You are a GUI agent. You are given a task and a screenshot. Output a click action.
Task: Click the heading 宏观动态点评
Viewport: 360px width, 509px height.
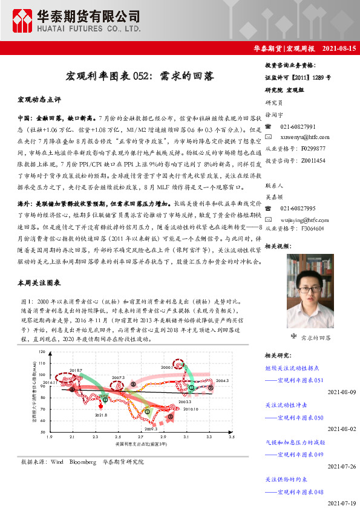(x=39, y=98)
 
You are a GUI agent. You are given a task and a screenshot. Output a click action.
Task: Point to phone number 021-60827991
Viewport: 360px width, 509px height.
(x=298, y=127)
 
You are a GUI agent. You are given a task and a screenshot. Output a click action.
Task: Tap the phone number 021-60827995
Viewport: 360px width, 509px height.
(x=298, y=209)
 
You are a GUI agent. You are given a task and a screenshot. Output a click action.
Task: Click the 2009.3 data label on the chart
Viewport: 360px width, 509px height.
(x=151, y=428)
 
